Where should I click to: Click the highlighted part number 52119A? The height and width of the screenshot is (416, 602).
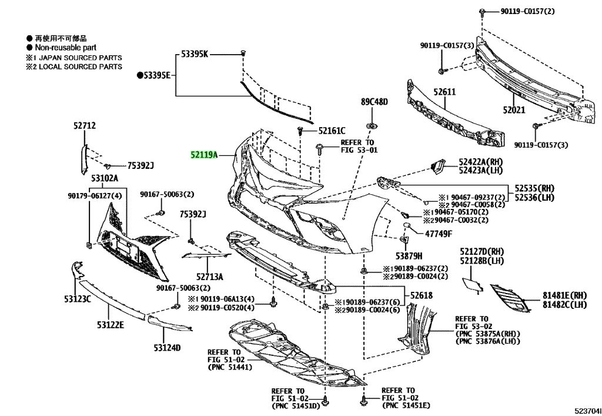(x=204, y=155)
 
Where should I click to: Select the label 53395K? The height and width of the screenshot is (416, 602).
(x=195, y=54)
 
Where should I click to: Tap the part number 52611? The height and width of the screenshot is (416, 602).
(x=444, y=92)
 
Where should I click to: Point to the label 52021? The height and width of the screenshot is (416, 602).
(x=514, y=110)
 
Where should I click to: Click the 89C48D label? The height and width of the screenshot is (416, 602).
(x=374, y=102)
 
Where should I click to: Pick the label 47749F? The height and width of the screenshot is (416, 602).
(x=439, y=234)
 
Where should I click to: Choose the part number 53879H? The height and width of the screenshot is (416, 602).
(x=409, y=256)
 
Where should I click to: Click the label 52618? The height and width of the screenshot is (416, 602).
(x=421, y=295)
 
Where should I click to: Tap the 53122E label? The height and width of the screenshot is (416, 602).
(x=111, y=325)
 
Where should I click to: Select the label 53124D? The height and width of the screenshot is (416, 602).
(x=167, y=348)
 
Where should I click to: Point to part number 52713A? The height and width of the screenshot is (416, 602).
(x=210, y=277)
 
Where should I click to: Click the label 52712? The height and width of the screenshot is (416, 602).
(x=85, y=125)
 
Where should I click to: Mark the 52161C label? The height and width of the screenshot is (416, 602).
(x=332, y=131)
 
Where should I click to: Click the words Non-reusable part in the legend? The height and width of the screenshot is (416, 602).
(x=66, y=48)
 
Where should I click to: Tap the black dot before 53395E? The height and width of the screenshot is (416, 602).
(x=140, y=75)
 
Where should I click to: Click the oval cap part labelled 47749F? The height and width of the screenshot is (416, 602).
(x=407, y=225)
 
